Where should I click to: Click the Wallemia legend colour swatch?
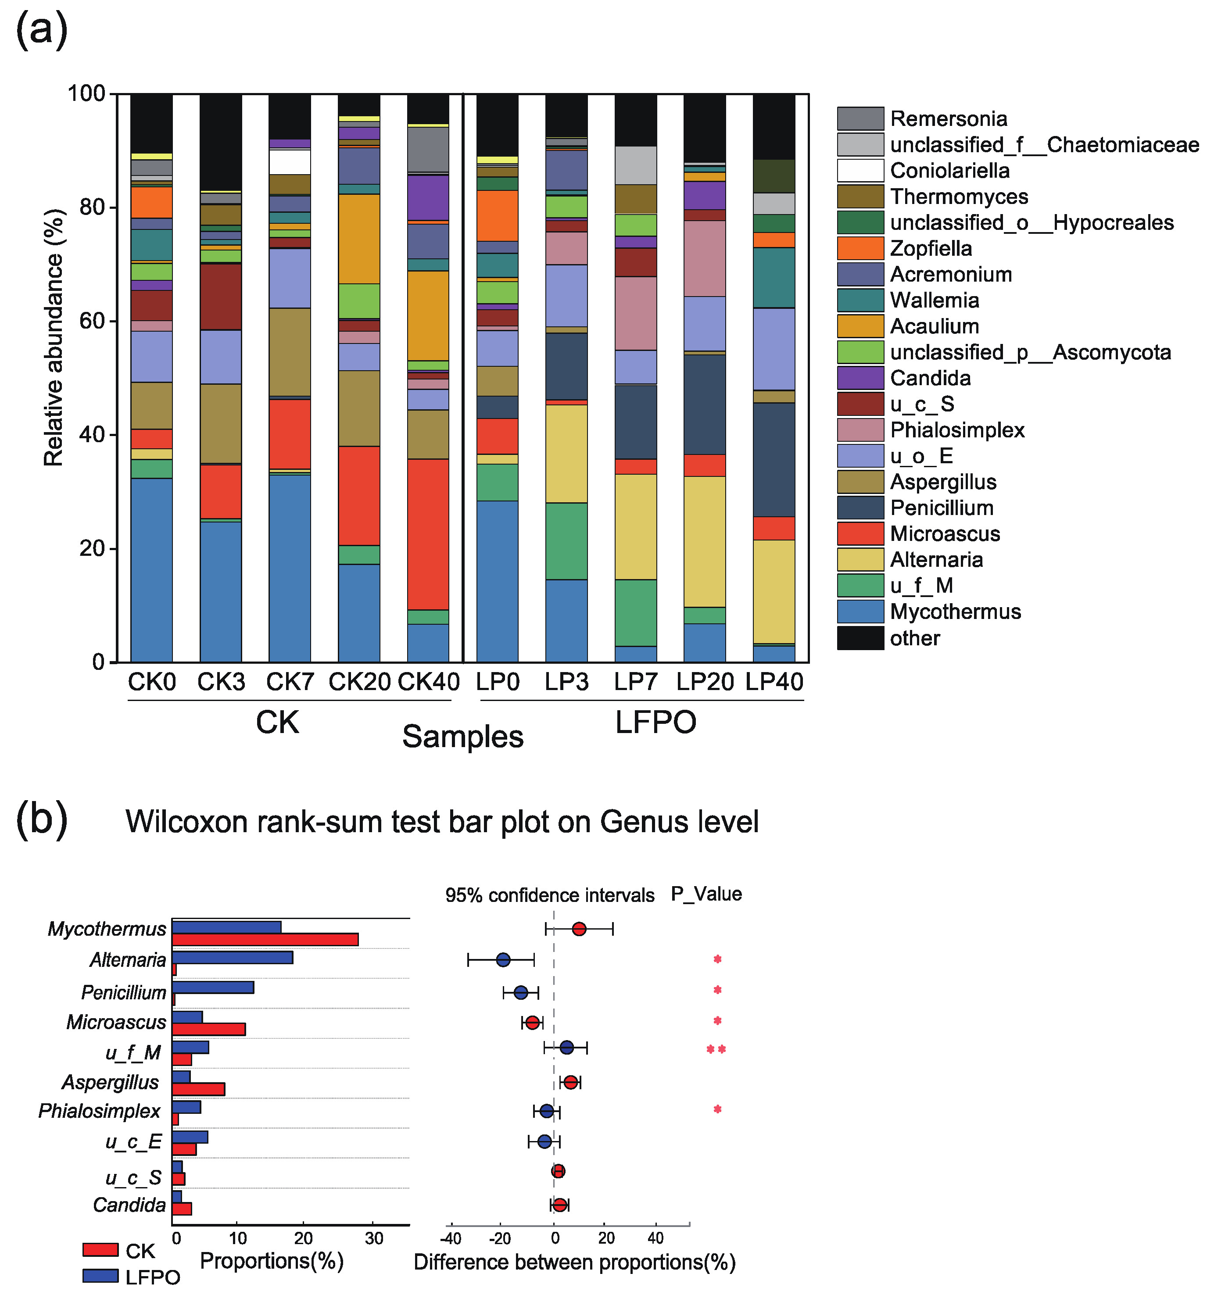[860, 300]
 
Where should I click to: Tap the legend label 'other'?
[914, 638]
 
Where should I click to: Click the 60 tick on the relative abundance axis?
[91, 321]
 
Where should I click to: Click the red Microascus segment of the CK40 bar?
[428, 534]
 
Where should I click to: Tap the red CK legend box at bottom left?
[100, 1249]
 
